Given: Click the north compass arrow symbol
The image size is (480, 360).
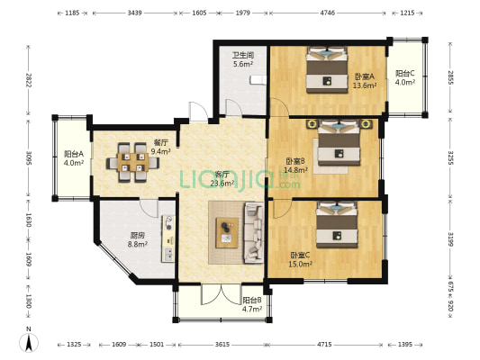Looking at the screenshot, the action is [29, 343].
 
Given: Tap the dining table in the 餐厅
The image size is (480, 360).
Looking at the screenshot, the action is [133, 162].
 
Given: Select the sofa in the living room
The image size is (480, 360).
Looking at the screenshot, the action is [254, 233].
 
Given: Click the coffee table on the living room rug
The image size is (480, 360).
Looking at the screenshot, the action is [227, 233].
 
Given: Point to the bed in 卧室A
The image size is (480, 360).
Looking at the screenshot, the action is [327, 69].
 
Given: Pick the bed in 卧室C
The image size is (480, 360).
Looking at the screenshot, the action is [337, 224].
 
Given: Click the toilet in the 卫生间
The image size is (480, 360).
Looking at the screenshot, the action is [258, 80].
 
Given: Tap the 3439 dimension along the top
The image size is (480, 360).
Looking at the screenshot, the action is [134, 13].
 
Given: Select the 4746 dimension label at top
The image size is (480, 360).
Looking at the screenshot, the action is [328, 13].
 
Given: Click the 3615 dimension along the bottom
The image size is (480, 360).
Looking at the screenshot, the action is [222, 345].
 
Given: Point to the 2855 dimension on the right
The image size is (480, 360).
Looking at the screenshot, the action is [450, 77].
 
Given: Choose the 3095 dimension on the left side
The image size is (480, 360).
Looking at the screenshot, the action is [28, 157].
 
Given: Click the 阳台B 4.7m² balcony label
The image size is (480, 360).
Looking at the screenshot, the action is [252, 304].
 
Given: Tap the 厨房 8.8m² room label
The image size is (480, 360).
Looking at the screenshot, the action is [138, 239].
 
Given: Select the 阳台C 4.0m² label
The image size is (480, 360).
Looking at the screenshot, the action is [404, 77].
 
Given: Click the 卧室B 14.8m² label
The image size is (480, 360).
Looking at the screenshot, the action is [295, 166].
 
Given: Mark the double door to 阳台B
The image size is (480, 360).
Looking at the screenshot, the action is [221, 294].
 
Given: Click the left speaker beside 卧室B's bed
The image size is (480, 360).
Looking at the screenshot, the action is [312, 124].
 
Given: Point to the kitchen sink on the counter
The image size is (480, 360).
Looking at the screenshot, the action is [168, 254].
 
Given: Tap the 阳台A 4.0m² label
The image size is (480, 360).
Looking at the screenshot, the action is [74, 158].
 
